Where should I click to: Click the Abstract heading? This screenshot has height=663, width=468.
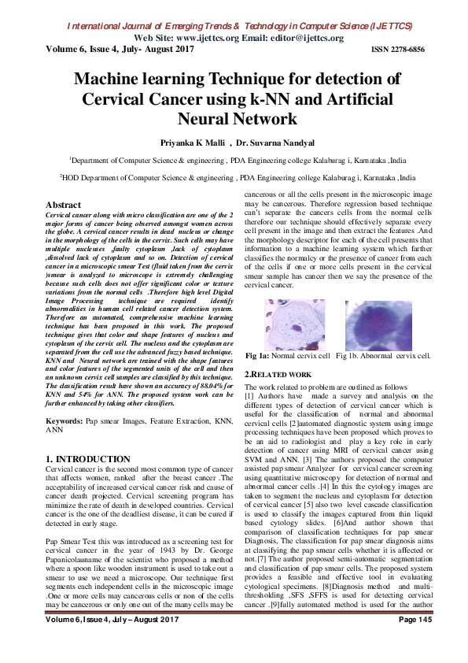click(x=67, y=205)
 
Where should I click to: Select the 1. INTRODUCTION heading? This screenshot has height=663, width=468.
click(x=88, y=458)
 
